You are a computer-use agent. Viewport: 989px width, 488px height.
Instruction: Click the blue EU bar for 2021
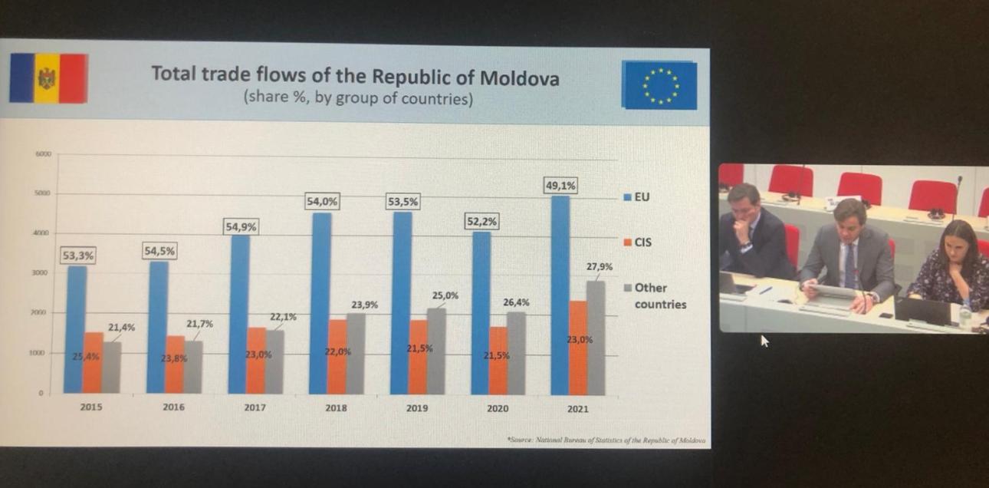560,295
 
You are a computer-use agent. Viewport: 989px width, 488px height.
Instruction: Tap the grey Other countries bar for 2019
436,351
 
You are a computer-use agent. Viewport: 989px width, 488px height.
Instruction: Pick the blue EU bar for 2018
321,303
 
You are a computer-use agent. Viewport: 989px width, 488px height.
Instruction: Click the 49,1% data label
560,186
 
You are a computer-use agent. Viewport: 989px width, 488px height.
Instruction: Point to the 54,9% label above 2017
241,226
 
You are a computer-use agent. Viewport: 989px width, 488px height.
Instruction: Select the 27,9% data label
600,267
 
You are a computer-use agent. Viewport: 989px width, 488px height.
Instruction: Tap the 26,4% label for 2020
516,302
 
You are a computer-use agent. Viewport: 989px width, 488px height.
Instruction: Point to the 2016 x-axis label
173,407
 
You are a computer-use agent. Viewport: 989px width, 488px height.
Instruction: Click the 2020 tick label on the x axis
498,408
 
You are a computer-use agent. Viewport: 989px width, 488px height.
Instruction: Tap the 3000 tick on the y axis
43,273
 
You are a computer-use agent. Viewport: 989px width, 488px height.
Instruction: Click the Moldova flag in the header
48,77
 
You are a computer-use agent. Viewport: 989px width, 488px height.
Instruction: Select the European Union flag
659,85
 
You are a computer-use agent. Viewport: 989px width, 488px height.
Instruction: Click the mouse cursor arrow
764,341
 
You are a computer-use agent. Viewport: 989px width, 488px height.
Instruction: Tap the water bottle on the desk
965,314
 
